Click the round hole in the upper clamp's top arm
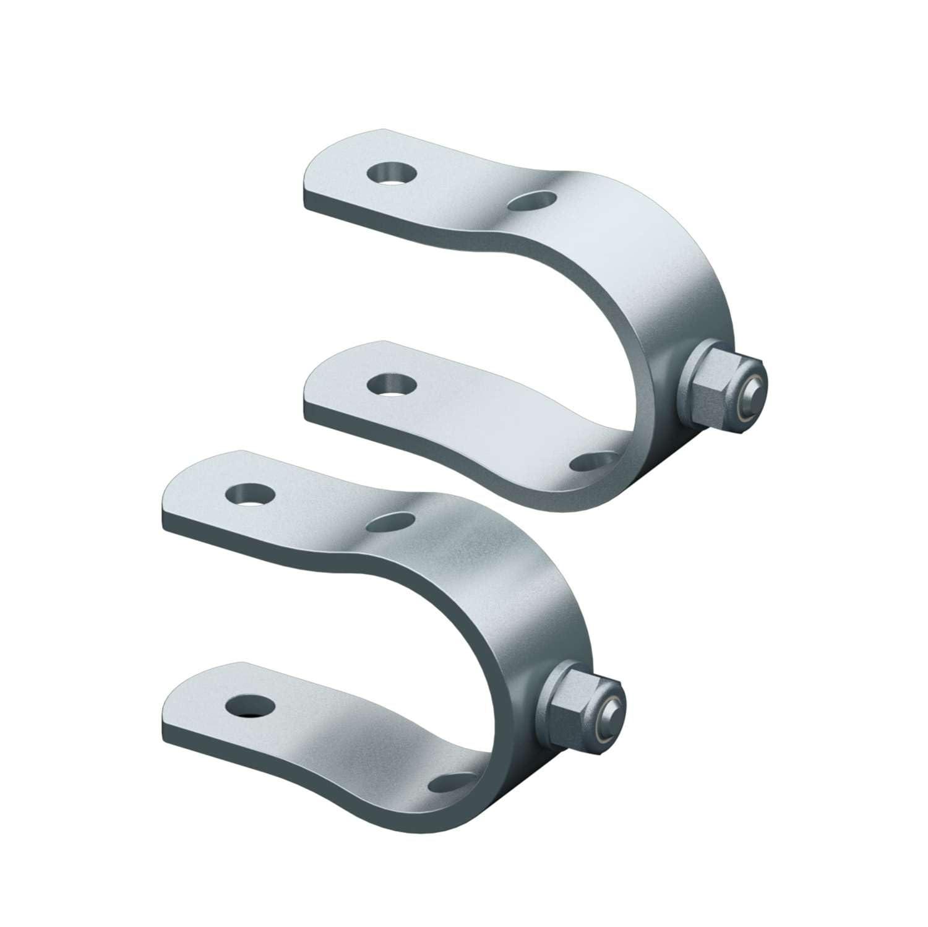click(390, 174)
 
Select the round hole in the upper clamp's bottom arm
click(390, 384)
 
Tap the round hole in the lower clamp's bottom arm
click(250, 705)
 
